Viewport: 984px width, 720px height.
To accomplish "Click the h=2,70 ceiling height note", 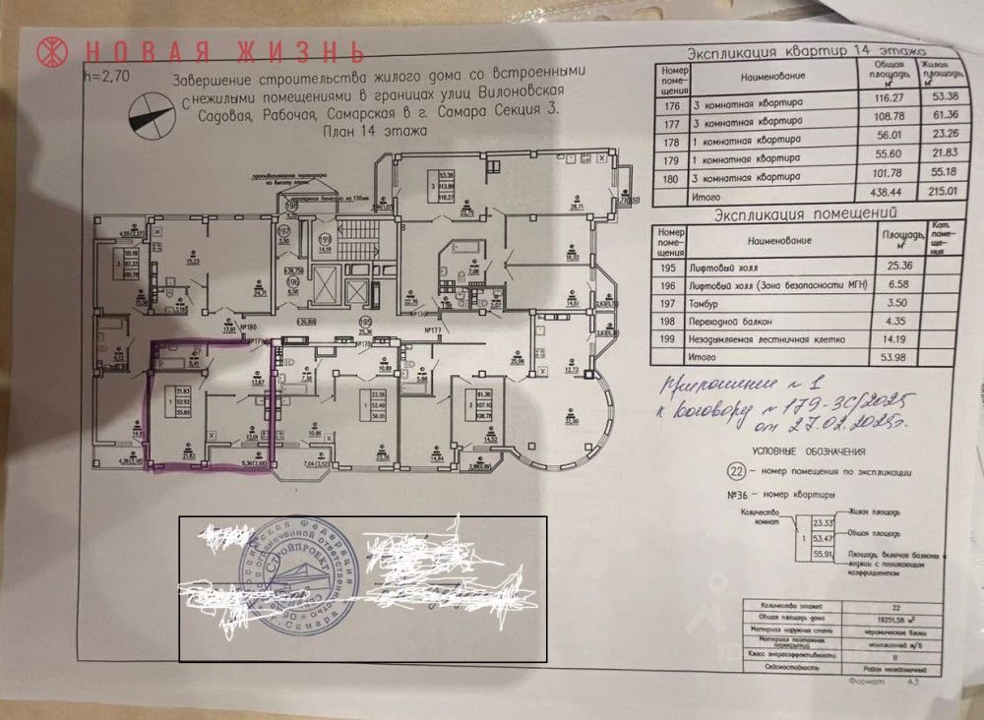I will click(x=106, y=73).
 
